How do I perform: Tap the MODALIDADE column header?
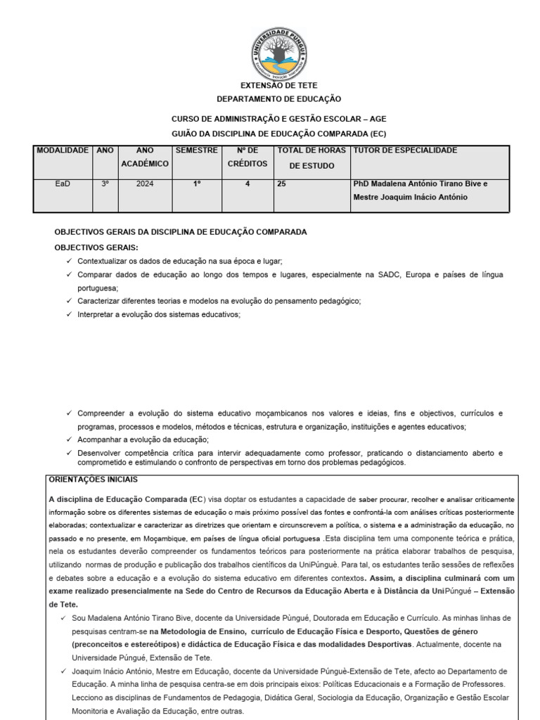tap(63, 150)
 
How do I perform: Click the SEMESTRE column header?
tap(197, 150)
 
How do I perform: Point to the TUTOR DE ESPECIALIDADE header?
tap(405, 150)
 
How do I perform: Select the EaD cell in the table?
tap(63, 184)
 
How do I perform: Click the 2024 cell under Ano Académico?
tap(145, 184)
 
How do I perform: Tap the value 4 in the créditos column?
tap(247, 184)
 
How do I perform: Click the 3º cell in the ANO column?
tap(105, 184)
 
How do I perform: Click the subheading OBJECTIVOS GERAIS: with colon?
tap(96, 247)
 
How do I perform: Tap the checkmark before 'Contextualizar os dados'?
tap(68, 261)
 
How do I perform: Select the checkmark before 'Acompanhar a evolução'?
tap(68, 439)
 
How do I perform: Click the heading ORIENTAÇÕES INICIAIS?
tap(94, 480)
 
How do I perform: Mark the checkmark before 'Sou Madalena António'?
tap(63, 617)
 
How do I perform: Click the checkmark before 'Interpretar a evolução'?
tap(68, 314)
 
